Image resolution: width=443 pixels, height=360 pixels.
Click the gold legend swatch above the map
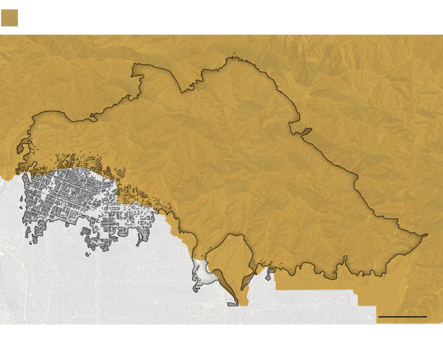coord(9,18)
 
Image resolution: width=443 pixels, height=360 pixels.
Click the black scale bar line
coord(402,317)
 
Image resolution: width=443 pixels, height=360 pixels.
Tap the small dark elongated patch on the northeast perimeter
coord(305,132)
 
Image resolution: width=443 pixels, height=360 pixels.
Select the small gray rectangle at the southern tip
coord(233,303)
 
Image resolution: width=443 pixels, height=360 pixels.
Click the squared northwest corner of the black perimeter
coord(134,65)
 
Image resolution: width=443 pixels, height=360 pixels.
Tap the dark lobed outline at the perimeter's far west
coord(23,147)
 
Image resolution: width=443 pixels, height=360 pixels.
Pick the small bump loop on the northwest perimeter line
coord(92,119)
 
